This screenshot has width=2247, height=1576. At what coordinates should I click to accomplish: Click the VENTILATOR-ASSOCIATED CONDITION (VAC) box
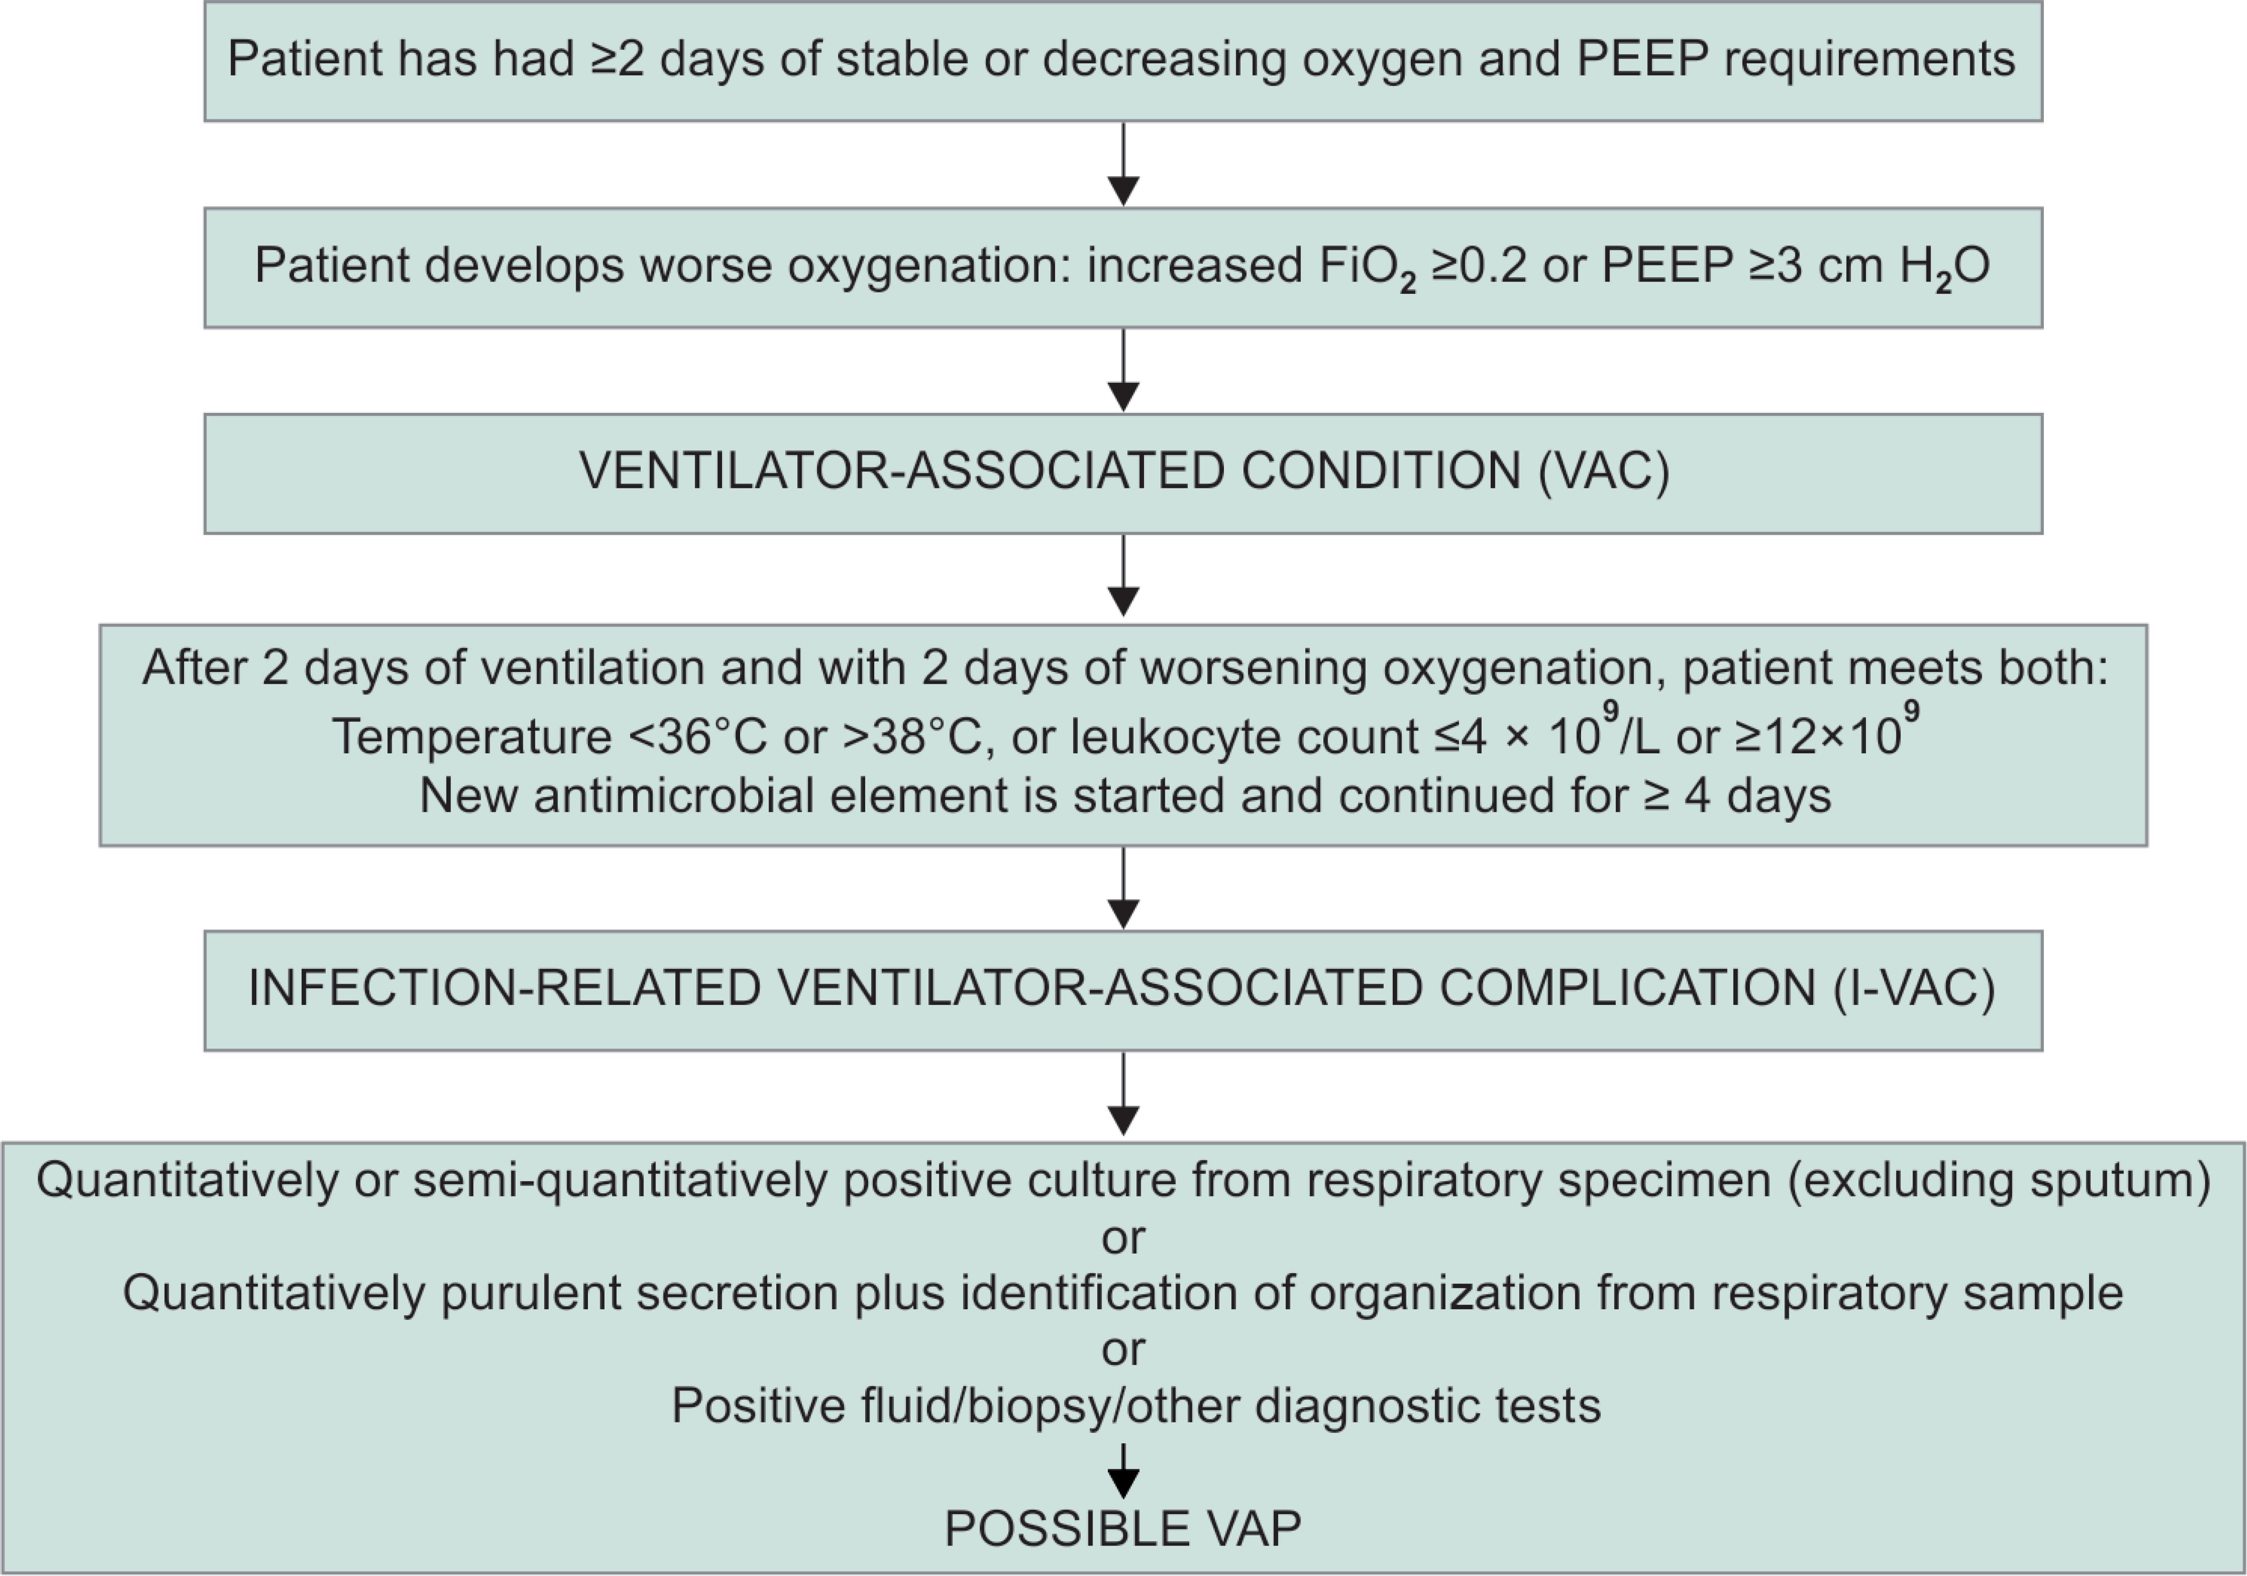1123,474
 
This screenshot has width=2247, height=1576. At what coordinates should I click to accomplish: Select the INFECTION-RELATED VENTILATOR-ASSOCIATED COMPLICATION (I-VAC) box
1123,990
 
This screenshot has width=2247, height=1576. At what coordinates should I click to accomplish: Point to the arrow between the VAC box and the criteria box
1123,575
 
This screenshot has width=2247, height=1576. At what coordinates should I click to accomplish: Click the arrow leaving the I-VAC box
1123,1093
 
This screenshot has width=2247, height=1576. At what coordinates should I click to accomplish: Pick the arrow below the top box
1123,164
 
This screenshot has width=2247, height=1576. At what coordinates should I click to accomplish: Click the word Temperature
472,737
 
